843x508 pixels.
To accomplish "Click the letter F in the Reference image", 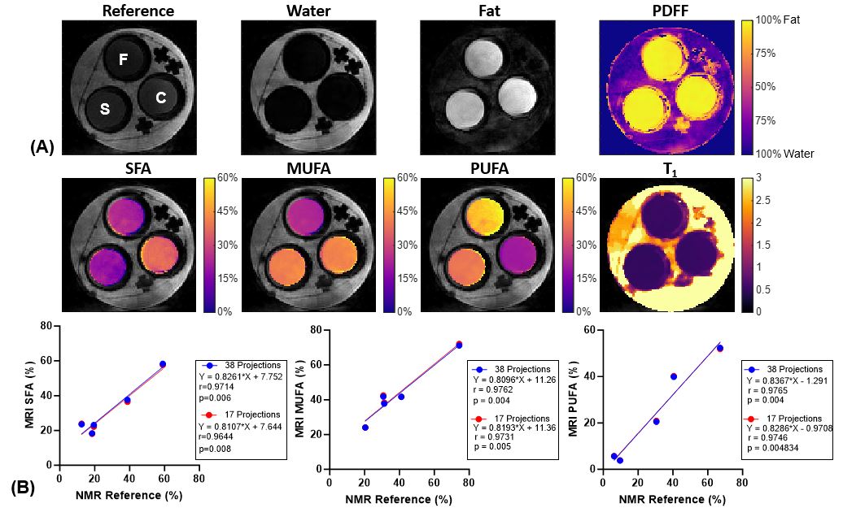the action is pos(123,59).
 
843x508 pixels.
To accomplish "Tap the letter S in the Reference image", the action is pos(105,109).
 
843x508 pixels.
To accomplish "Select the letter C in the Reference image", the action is pos(161,98).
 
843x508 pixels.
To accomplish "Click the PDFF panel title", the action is pos(666,11).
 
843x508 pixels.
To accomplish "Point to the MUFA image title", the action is pos(308,169).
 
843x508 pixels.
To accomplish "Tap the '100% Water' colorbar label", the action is pos(785,154).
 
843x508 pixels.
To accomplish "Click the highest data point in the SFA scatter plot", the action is pos(163,364).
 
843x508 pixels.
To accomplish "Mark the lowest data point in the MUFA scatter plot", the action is pos(365,428).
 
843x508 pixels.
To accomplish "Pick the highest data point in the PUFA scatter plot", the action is pos(720,349).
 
